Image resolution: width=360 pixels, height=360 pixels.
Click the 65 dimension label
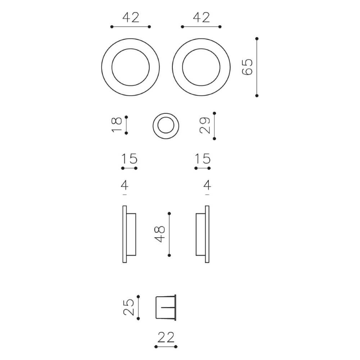[x=247, y=67]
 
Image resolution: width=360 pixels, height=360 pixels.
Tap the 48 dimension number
[x=160, y=234]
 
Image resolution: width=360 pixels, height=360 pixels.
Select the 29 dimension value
[x=205, y=125]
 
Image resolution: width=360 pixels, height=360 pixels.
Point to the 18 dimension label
[x=117, y=125]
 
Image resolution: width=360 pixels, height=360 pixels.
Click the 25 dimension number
[x=129, y=307]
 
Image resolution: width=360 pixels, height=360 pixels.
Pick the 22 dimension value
[x=166, y=338]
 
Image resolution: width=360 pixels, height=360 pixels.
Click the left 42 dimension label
[x=131, y=17]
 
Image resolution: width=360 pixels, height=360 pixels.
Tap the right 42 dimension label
[x=201, y=17]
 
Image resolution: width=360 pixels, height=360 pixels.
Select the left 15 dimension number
[x=129, y=159]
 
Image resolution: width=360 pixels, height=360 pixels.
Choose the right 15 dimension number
[x=202, y=159]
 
